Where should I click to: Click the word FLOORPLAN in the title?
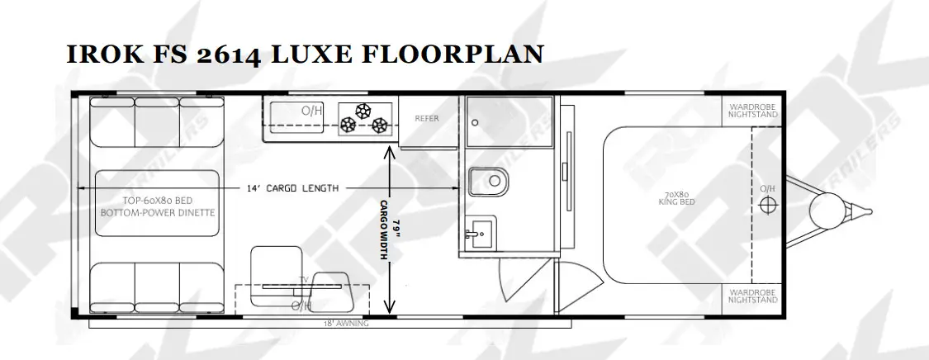coord(452,54)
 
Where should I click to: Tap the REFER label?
coord(427,118)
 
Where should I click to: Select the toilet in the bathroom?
coord(489,182)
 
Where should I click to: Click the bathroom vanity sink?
coord(481,234)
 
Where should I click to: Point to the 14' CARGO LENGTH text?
coord(292,188)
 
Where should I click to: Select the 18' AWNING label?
coord(346,324)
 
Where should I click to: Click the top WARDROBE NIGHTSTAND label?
coord(753,111)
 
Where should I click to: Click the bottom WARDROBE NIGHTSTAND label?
coord(753,296)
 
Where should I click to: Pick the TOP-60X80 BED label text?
coord(158,200)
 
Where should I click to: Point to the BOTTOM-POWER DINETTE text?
coord(158,212)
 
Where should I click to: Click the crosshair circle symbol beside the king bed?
coord(769,204)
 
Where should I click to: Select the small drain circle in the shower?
coord(475,122)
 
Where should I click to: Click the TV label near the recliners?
coord(305,279)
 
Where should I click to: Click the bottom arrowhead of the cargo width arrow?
coord(389,306)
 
